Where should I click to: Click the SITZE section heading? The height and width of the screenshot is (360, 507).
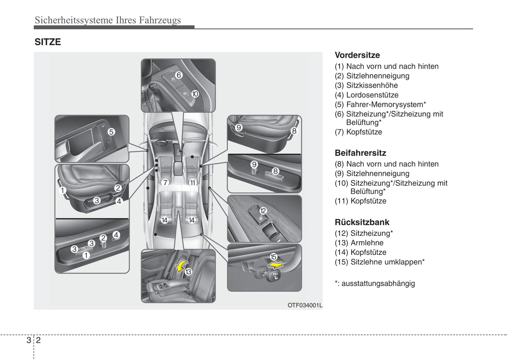coord(48,42)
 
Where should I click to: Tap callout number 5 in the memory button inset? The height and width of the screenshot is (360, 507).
coord(111,132)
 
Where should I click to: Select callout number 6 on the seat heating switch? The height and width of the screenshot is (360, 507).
coord(179,75)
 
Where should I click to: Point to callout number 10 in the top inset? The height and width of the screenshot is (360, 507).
coord(195,94)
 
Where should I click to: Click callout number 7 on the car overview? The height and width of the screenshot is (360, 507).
coord(165,182)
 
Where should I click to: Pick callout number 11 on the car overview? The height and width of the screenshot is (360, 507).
coord(192,182)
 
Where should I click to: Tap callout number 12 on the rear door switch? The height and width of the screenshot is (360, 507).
coord(263,211)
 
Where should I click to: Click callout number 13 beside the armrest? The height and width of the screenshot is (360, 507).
coord(188,272)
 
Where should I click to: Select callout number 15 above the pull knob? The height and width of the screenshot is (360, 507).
coord(273,257)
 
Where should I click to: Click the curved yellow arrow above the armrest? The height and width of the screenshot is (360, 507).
coord(181,266)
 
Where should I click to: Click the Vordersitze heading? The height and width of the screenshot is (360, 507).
coord(357,55)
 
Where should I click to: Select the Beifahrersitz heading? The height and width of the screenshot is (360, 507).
coord(360,153)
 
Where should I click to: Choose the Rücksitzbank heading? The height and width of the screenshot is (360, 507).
coord(362,222)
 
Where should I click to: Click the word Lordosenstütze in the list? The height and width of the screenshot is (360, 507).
coord(372,95)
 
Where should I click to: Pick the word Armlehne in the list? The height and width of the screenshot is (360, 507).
coord(367,243)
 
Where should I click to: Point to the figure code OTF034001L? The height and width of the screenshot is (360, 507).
coord(305,305)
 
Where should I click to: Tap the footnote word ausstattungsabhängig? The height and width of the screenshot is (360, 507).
coord(378,284)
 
